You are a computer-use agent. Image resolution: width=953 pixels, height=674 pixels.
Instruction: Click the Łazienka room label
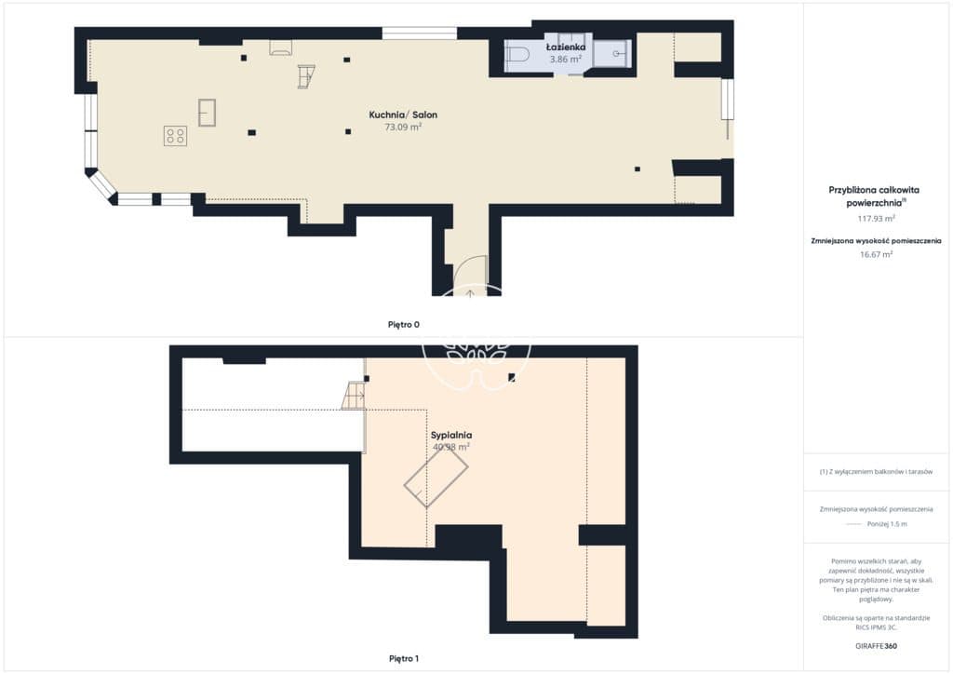pyautogui.click(x=565, y=47)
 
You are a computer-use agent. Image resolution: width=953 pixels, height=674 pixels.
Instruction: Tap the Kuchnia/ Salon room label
pyautogui.click(x=403, y=115)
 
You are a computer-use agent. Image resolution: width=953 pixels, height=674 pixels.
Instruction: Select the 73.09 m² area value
pyautogui.click(x=403, y=127)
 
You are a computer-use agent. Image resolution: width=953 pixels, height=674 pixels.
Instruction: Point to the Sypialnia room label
pyautogui.click(x=451, y=435)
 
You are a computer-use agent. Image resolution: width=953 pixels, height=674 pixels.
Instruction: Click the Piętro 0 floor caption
pyautogui.click(x=404, y=325)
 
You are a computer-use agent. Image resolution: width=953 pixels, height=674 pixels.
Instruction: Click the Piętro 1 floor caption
pyautogui.click(x=404, y=658)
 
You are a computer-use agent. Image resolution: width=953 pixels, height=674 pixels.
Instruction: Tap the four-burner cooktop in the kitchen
pyautogui.click(x=176, y=136)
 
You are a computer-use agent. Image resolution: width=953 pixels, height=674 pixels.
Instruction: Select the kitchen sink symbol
pyautogui.click(x=207, y=113)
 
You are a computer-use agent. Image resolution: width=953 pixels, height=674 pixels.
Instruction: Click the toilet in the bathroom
pyautogui.click(x=517, y=55)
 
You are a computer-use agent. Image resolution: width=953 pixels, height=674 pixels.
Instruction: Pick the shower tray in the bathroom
pyautogui.click(x=612, y=53)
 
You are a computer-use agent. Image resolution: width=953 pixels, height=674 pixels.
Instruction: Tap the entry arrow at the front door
pyautogui.click(x=470, y=293)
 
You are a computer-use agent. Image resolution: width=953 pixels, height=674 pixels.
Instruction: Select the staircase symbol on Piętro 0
pyautogui.click(x=305, y=76)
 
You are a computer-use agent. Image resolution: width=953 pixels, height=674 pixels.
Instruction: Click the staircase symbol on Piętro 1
pyautogui.click(x=353, y=396)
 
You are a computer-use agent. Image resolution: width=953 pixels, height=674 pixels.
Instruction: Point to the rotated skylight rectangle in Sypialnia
pyautogui.click(x=436, y=477)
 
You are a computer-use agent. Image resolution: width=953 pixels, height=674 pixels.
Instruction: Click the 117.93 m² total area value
pyautogui.click(x=876, y=219)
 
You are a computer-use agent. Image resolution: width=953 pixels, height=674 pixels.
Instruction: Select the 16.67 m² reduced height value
pyautogui.click(x=876, y=255)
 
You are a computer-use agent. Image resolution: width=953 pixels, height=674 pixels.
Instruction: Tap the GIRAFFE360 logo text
pyautogui.click(x=876, y=646)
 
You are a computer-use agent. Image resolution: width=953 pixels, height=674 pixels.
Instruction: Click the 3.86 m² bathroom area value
pyautogui.click(x=565, y=59)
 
